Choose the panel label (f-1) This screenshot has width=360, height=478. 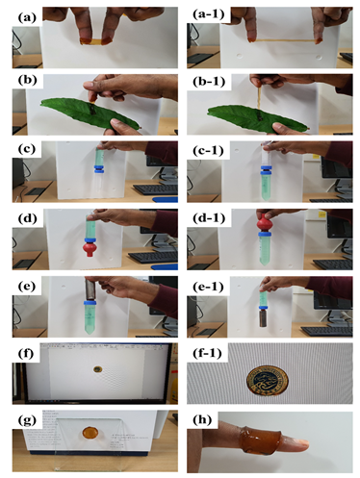(x=206, y=353)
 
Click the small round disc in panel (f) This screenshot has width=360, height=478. (x=94, y=368)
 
